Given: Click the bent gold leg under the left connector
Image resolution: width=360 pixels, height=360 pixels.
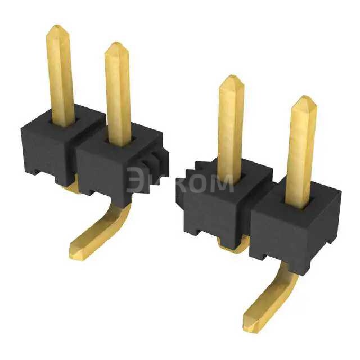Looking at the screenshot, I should click(x=104, y=231).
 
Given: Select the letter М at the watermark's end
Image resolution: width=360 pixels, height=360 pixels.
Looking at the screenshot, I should click(x=222, y=183).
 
